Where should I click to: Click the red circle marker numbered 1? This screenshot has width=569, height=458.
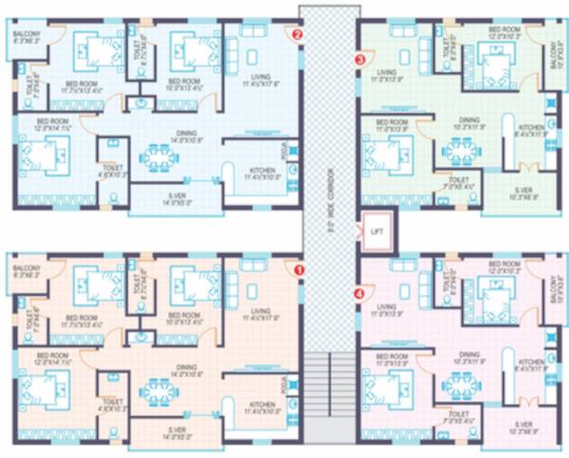tap(301, 269)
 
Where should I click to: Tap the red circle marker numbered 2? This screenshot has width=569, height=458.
tap(298, 37)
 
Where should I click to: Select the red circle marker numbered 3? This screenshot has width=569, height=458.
tap(358, 59)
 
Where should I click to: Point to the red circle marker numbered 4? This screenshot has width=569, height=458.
tap(358, 293)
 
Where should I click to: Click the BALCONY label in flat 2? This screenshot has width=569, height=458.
tap(26, 35)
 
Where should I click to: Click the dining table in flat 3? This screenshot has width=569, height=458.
tap(460, 150)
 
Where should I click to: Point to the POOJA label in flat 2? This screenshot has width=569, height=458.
tap(284, 153)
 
